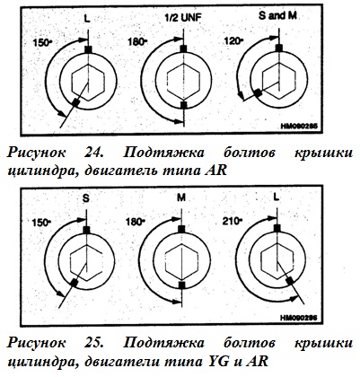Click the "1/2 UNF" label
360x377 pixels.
point(183,18)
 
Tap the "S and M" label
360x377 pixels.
point(277,16)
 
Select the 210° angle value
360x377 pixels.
point(232,222)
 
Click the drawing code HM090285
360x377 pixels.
point(298,126)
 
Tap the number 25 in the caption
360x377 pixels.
point(94,343)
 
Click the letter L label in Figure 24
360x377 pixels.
point(87,19)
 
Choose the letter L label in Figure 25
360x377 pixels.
point(277,197)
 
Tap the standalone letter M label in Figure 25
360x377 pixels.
point(181,197)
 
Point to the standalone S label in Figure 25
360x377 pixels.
point(86,198)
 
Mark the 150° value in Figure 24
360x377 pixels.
point(42,42)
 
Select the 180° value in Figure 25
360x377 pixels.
point(136,222)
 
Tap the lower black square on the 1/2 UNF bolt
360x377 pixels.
point(184,105)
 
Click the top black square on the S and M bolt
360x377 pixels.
point(279,48)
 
